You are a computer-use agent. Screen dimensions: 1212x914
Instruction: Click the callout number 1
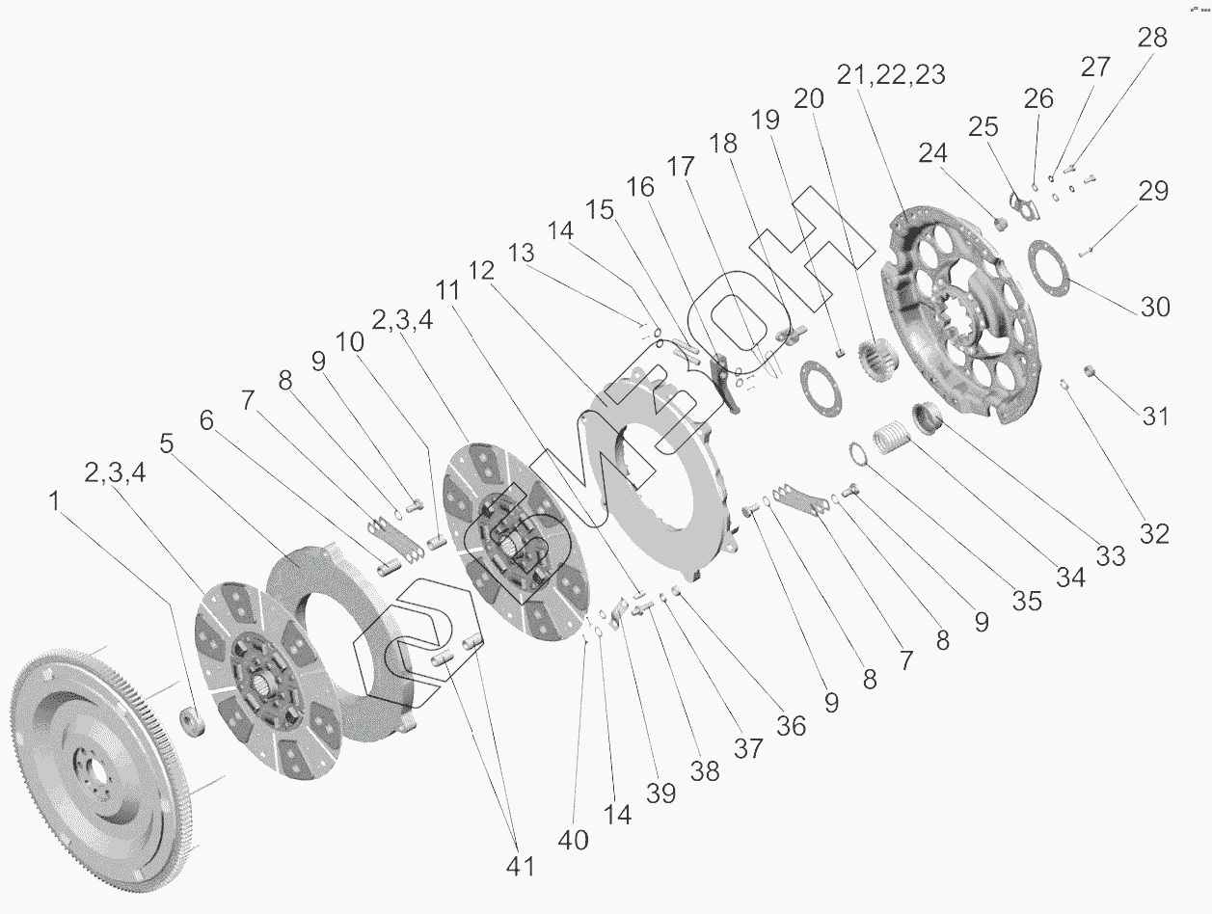(54, 501)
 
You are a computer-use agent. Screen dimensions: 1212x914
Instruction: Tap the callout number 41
(521, 866)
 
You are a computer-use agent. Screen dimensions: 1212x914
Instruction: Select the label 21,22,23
(891, 75)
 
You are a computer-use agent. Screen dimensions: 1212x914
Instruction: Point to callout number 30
(1154, 307)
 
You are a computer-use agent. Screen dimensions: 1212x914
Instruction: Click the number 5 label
(167, 444)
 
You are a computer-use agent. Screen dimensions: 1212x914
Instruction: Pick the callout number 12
(481, 271)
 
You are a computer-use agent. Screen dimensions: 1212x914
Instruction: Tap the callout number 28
(1152, 39)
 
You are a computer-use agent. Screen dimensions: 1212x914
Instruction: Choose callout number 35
(1027, 601)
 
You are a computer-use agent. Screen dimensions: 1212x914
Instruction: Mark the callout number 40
(573, 840)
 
